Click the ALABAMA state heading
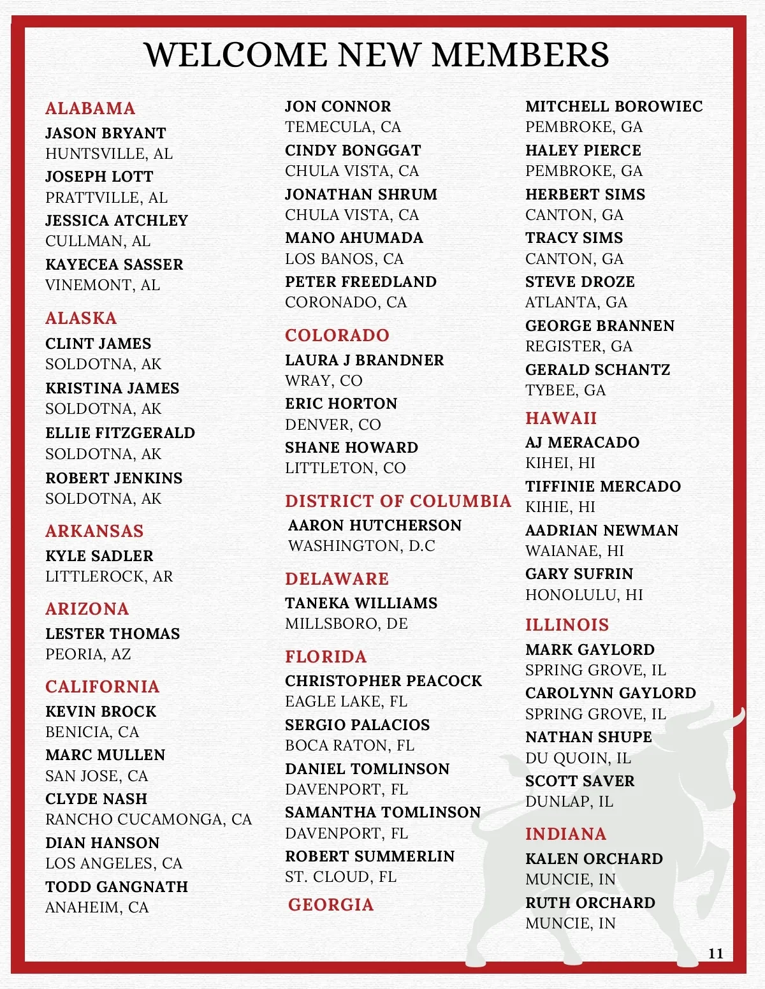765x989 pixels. pos(90,108)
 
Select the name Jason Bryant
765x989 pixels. pos(106,133)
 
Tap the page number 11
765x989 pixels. pos(716,953)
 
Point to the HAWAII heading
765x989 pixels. pos(561,418)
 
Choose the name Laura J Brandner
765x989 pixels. pos(364,360)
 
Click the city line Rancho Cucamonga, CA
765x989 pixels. pos(149,819)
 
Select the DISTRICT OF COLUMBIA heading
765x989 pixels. pos(398,501)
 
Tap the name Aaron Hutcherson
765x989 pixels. pos(375,525)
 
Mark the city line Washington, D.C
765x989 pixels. pos(361,546)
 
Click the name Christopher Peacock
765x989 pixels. pos(383,681)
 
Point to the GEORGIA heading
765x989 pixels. pos(331,905)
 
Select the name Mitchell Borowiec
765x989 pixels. pos(614,106)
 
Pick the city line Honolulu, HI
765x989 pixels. pos(584,595)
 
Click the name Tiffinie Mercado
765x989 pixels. pos(603,487)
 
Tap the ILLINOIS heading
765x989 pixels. pos(567,625)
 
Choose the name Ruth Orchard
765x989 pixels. pos(590,903)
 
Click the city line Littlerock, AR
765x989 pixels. pos(109,576)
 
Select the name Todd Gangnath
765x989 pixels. pos(117,887)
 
